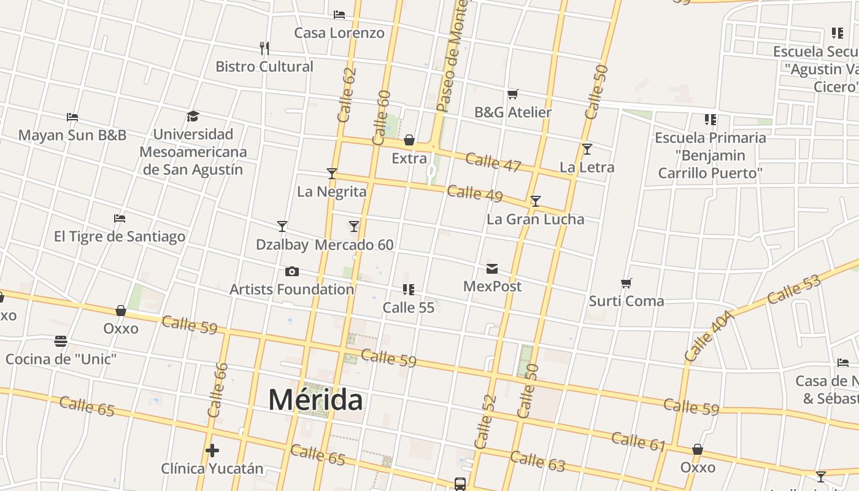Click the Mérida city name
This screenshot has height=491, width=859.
click(316, 400)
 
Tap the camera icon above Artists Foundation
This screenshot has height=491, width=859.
click(292, 271)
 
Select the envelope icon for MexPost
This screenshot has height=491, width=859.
click(492, 269)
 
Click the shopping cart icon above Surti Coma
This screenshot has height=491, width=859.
click(626, 284)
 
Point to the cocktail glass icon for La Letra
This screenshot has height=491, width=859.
click(587, 149)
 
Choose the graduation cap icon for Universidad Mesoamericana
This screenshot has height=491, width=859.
click(193, 117)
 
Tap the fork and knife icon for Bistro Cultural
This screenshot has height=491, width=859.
click(264, 48)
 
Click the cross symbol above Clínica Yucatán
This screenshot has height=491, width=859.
click(212, 451)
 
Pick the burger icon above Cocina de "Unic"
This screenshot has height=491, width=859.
click(61, 341)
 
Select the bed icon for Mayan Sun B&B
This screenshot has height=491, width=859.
click(72, 117)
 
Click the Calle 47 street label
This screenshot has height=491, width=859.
click(493, 162)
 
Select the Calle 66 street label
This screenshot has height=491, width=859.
click(218, 390)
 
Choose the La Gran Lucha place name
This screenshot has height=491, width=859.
click(535, 219)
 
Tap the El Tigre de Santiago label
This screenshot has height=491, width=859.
click(120, 236)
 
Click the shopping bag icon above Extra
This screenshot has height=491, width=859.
click(409, 140)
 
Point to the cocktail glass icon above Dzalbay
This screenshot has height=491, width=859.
click(282, 226)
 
